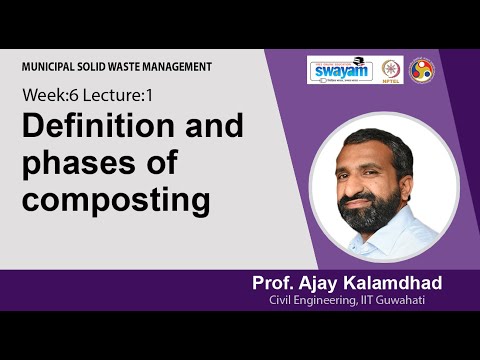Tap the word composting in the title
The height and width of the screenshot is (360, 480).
tap(117, 199)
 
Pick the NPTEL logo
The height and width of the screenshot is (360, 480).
tap(391, 70)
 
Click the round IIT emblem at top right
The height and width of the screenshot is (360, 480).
tap(422, 70)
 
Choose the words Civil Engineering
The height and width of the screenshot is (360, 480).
tap(318, 301)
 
